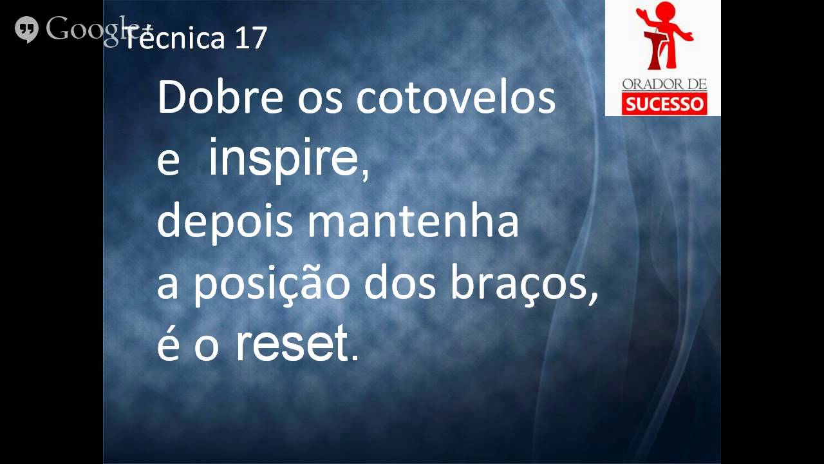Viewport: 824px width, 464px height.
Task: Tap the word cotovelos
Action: point(456,98)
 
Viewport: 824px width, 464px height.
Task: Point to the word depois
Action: point(227,221)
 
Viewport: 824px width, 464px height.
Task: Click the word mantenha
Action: point(413,221)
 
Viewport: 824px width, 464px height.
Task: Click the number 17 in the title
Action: point(250,39)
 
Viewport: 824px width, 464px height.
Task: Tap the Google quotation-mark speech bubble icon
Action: point(26,29)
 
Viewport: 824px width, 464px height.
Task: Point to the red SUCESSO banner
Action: point(664,103)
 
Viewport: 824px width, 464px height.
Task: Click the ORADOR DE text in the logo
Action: point(664,84)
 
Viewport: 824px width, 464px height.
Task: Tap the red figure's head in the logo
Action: point(663,11)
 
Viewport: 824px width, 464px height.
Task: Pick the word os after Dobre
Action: point(320,98)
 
